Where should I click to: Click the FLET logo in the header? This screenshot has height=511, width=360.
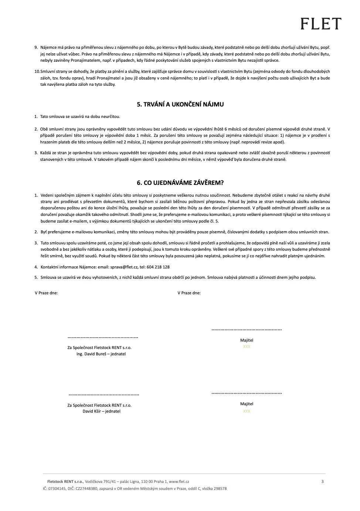[320, 24]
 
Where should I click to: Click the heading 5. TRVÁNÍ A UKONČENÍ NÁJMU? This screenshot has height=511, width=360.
[180, 104]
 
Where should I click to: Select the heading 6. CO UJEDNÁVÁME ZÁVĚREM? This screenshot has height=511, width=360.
[180, 183]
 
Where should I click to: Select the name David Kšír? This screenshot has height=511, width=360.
[92, 411]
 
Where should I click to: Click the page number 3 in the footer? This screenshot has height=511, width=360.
[322, 481]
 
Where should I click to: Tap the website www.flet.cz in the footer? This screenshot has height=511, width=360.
[179, 481]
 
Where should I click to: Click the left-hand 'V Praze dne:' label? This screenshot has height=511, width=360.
[46, 293]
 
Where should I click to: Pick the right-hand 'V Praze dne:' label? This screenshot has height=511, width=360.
[189, 293]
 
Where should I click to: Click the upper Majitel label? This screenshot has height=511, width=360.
[247, 340]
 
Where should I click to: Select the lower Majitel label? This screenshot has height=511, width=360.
[247, 404]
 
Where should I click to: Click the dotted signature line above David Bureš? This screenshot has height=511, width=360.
[103, 337]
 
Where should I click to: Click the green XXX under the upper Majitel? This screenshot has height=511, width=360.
[247, 346]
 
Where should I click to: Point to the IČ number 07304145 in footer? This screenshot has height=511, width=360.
[57, 488]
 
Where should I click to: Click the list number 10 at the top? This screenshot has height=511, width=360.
[37, 71]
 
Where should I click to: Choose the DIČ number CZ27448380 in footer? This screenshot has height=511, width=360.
[86, 488]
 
